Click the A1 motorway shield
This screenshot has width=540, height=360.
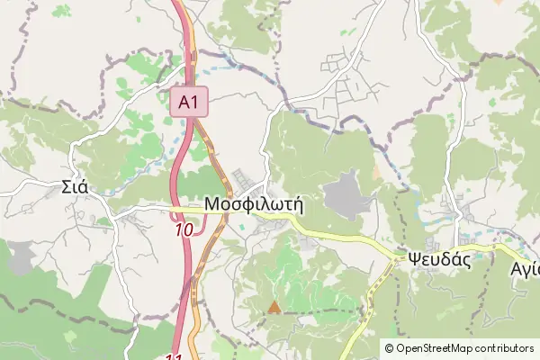[189, 102]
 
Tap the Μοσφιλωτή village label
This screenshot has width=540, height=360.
[253, 204]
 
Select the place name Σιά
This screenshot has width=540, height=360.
[74, 188]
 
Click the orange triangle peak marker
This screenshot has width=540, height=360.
[274, 307]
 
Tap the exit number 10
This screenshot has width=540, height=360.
[184, 230]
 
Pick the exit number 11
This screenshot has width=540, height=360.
[175, 355]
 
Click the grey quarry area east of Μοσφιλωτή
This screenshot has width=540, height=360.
[346, 193]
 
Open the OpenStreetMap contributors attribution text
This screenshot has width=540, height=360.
[459, 347]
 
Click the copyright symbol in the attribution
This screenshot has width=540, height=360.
[390, 347]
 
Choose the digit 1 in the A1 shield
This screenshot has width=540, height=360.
[194, 102]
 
